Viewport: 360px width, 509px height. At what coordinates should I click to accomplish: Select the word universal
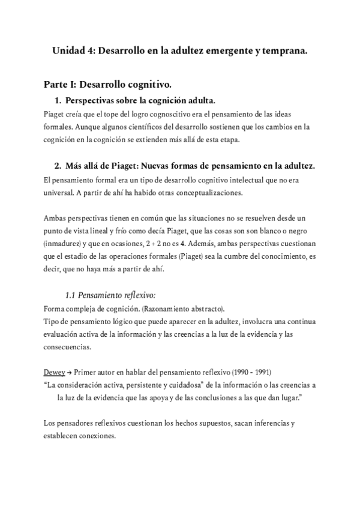61,193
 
